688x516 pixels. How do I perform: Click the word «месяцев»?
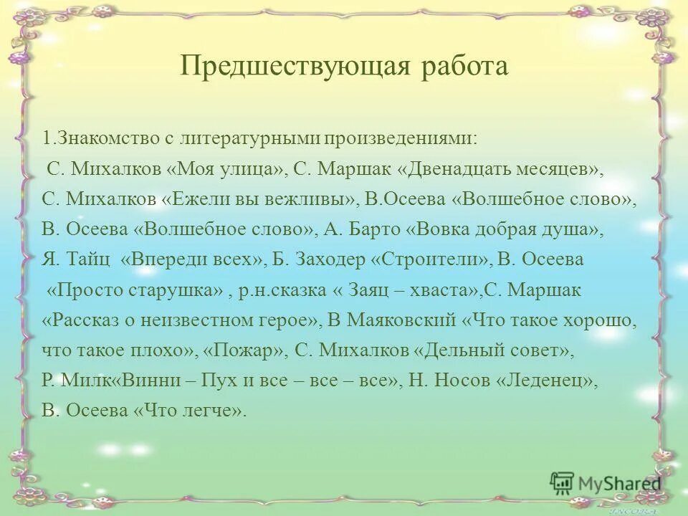[563, 169]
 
